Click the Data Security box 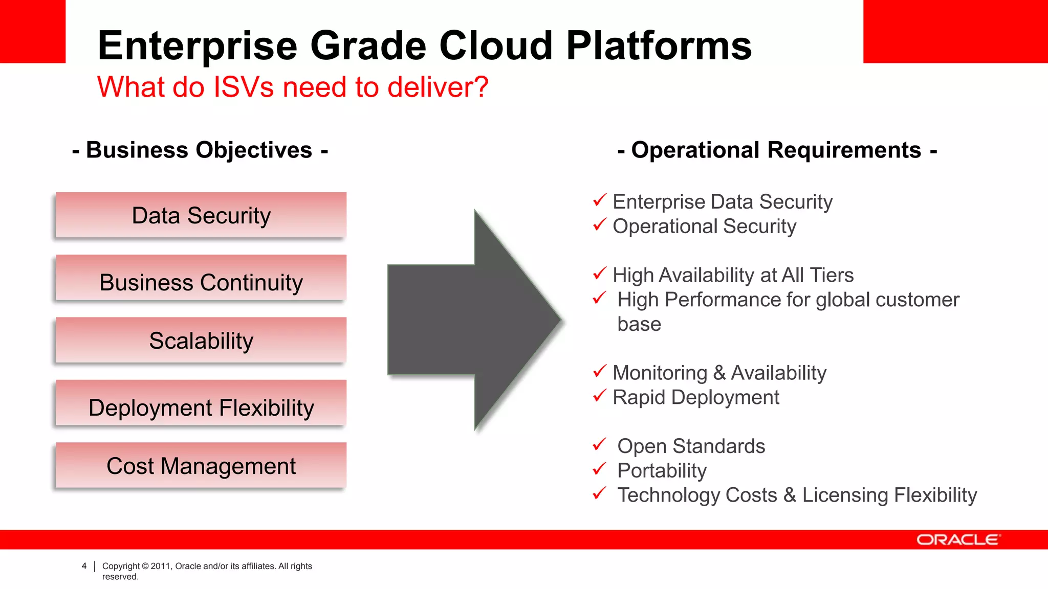pos(201,215)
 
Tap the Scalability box pos(201,341)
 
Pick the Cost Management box pos(201,466)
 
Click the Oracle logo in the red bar pos(957,540)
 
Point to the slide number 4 pos(84,566)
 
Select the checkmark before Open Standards pos(599,444)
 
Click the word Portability pos(662,471)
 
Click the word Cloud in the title pos(496,46)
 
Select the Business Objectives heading pos(200,150)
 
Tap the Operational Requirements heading pos(777,150)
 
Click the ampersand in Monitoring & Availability pos(719,373)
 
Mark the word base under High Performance pos(639,324)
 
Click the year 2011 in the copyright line pos(160,566)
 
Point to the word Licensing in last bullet pos(845,495)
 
